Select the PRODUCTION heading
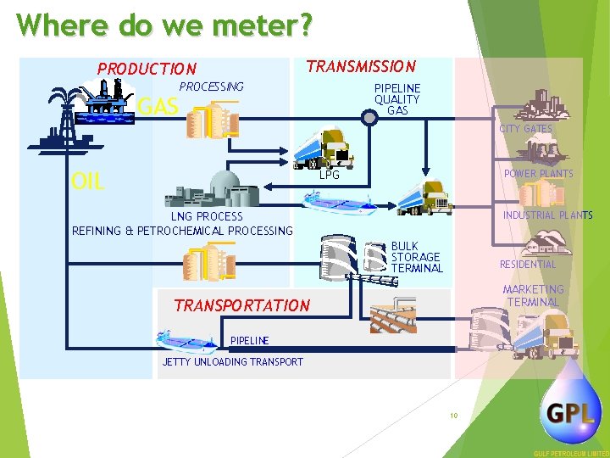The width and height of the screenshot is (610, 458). click(x=147, y=69)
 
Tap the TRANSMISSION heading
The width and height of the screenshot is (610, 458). click(x=361, y=66)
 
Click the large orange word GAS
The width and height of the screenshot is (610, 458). click(x=158, y=107)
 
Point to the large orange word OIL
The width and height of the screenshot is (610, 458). click(x=87, y=181)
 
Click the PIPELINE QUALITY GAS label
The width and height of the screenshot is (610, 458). click(x=397, y=99)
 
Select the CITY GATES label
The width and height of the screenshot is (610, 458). click(x=525, y=129)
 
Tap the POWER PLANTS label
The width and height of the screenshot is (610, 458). click(x=538, y=174)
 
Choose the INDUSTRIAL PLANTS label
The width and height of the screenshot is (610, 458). click(x=547, y=215)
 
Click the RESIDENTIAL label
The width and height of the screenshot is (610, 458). click(x=528, y=265)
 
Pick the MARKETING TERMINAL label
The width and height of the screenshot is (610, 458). click(x=533, y=296)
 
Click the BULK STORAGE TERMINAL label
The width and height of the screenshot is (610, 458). click(x=417, y=257)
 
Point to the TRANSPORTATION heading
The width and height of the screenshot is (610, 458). click(x=241, y=305)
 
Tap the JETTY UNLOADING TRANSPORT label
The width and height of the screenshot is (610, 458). click(x=232, y=362)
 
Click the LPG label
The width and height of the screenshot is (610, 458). click(x=330, y=176)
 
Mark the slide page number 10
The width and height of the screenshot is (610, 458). click(x=454, y=416)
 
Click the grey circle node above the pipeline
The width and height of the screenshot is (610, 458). click(x=369, y=118)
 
